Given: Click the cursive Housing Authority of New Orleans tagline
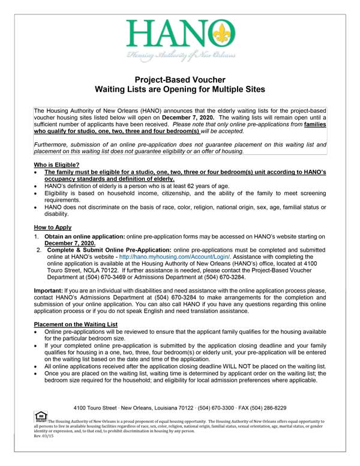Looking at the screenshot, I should point(180,56).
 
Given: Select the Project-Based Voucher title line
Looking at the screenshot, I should point(180,79).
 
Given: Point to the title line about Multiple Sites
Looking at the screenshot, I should point(180,89).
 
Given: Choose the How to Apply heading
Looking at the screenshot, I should point(52,228).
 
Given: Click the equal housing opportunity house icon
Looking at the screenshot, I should point(41,416).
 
